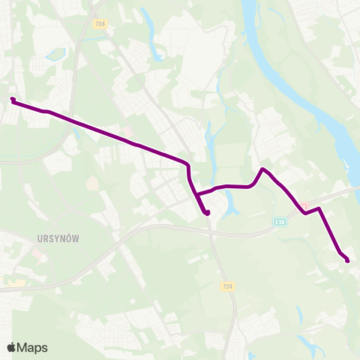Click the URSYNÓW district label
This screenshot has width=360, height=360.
coord(58,237)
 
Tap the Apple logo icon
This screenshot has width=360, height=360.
coord(11,347)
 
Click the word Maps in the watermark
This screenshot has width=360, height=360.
coord(32,347)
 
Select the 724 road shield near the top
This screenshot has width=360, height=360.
coord(100,25)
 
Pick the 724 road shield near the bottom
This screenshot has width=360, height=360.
coord(228,286)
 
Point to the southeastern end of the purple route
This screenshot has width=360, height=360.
coord(347,260)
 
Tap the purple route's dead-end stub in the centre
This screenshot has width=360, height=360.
coord(206,212)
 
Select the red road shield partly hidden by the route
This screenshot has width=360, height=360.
coord(303,206)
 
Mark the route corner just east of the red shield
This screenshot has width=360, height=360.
coord(319,208)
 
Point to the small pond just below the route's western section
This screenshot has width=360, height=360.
coord(91,183)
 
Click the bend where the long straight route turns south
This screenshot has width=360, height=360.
coord(187,163)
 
